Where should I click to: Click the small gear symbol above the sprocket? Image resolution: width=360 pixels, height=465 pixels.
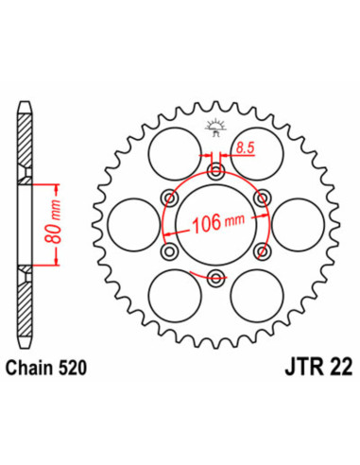[x=215, y=130]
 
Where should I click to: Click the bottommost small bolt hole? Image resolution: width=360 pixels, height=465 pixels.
[x=216, y=276]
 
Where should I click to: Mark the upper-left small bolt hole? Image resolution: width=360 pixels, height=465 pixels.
[x=171, y=198]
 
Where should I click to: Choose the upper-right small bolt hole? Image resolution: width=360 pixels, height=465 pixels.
[x=262, y=198]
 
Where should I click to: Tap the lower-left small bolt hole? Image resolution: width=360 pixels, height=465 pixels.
[x=171, y=250]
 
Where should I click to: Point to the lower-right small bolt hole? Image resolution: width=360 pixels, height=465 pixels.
[x=262, y=250]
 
